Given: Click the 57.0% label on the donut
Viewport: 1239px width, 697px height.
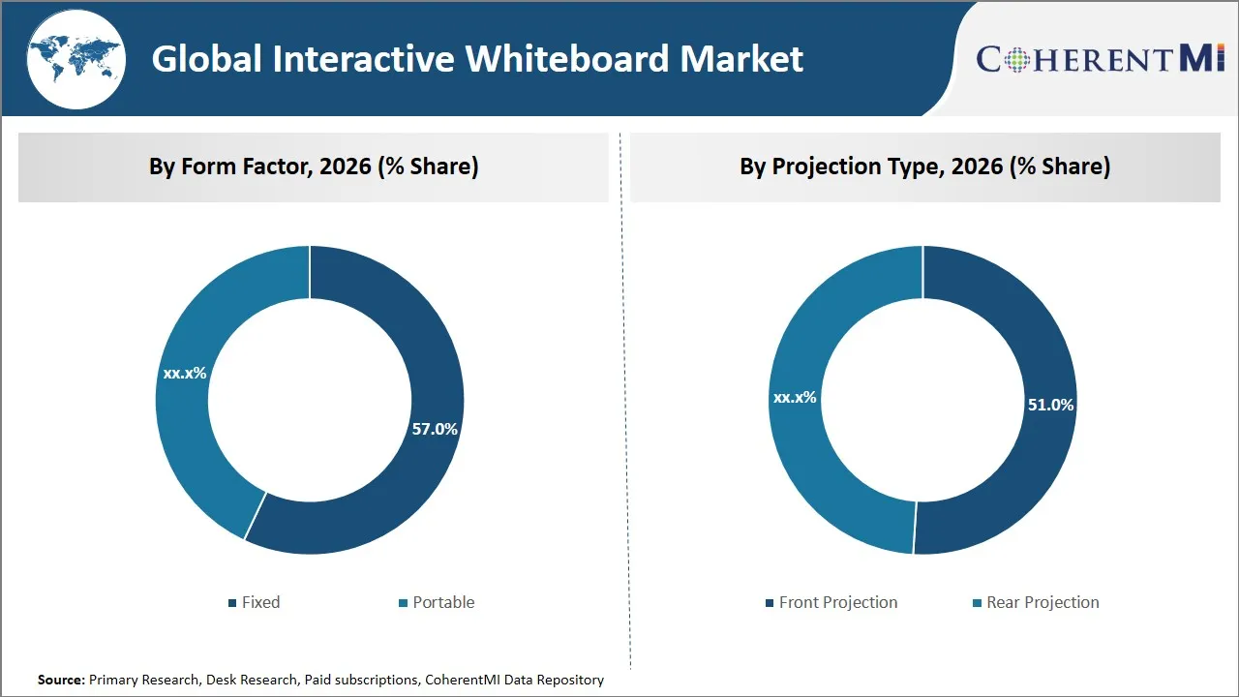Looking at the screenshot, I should pyautogui.click(x=435, y=429).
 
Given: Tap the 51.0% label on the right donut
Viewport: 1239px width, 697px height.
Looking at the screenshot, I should pyautogui.click(x=1050, y=405).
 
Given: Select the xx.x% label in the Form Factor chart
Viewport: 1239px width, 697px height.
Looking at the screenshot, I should pyautogui.click(x=185, y=373).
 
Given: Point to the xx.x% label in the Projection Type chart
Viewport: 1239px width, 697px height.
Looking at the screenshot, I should pyautogui.click(x=795, y=397).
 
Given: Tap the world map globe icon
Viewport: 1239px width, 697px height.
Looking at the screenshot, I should pyautogui.click(x=75, y=58).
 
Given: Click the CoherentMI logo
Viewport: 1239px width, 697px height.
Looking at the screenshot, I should pyautogui.click(x=1101, y=58).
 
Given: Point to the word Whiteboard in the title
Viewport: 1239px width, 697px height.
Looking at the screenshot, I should pyautogui.click(x=567, y=59).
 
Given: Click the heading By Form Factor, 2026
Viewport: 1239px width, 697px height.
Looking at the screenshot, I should pyautogui.click(x=314, y=167).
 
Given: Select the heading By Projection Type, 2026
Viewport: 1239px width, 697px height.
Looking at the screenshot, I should pyautogui.click(x=924, y=167).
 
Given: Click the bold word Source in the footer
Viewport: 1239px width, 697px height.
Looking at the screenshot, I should pyautogui.click(x=60, y=680).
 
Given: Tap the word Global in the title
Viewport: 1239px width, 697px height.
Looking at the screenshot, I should pyautogui.click(x=207, y=59).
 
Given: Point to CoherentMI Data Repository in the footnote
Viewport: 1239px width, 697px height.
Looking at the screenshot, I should pyautogui.click(x=514, y=680).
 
